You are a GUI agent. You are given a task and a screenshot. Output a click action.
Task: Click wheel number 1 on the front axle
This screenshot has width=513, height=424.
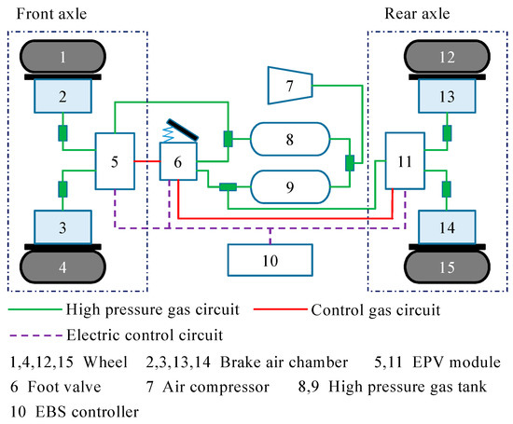coord(62,58)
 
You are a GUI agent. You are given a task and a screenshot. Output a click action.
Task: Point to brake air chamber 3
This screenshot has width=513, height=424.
coord(62,226)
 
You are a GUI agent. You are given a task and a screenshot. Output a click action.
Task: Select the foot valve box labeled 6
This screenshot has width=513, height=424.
coord(181,162)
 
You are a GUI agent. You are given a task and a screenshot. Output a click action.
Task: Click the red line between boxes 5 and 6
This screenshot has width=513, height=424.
coord(147,162)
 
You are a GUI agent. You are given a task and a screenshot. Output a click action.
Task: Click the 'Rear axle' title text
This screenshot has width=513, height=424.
coord(416,13)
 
